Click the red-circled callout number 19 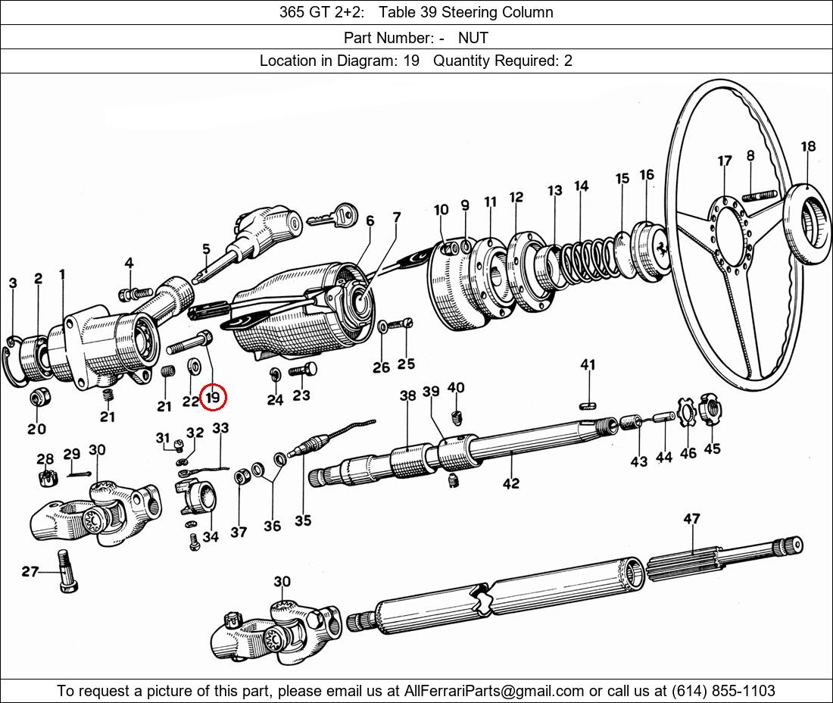[213, 396]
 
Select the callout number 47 [691, 519]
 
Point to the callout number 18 [808, 147]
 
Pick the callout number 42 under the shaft [510, 483]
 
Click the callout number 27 [30, 572]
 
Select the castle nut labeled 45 [710, 410]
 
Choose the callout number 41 [588, 364]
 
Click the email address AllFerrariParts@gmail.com [494, 690]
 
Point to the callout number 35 [303, 520]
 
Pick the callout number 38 [407, 395]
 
